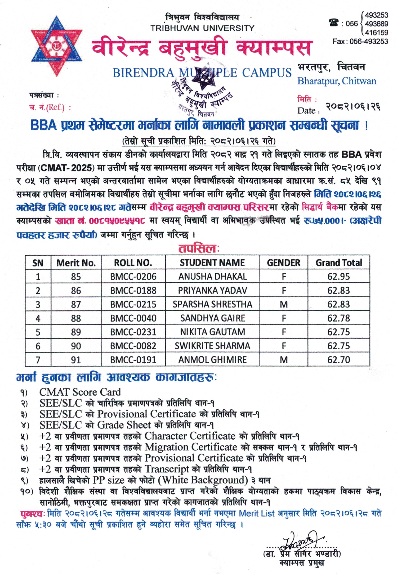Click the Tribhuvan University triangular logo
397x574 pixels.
point(56,46)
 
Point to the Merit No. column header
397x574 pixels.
point(76,263)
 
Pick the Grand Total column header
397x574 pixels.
point(338,263)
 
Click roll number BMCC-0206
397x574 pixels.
point(133,277)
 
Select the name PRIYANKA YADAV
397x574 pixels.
point(212,291)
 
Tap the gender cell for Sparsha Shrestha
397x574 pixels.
point(284,304)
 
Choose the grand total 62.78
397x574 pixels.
point(338,318)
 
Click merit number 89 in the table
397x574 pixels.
point(76,332)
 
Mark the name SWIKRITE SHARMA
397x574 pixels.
point(212,346)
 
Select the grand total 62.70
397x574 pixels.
point(338,360)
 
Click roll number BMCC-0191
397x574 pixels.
point(133,360)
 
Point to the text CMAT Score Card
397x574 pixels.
point(80,392)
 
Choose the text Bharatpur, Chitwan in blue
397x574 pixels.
point(337,81)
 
